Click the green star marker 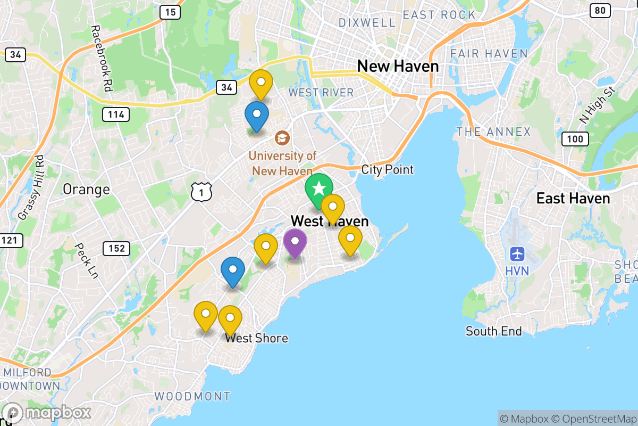tap(319, 189)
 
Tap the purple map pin tap(295, 242)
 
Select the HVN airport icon tap(517, 254)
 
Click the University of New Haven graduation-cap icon tap(282, 138)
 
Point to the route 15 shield tap(171, 11)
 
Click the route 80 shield tap(600, 10)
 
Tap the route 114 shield tap(116, 113)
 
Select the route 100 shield tap(575, 139)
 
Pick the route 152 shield tap(116, 248)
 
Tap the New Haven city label tap(398, 67)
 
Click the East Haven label tap(573, 199)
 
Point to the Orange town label tap(86, 189)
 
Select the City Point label tap(387, 170)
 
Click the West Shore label tap(256, 338)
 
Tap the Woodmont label tap(192, 396)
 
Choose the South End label tap(494, 331)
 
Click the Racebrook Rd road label tap(102, 59)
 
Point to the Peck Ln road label tap(87, 261)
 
